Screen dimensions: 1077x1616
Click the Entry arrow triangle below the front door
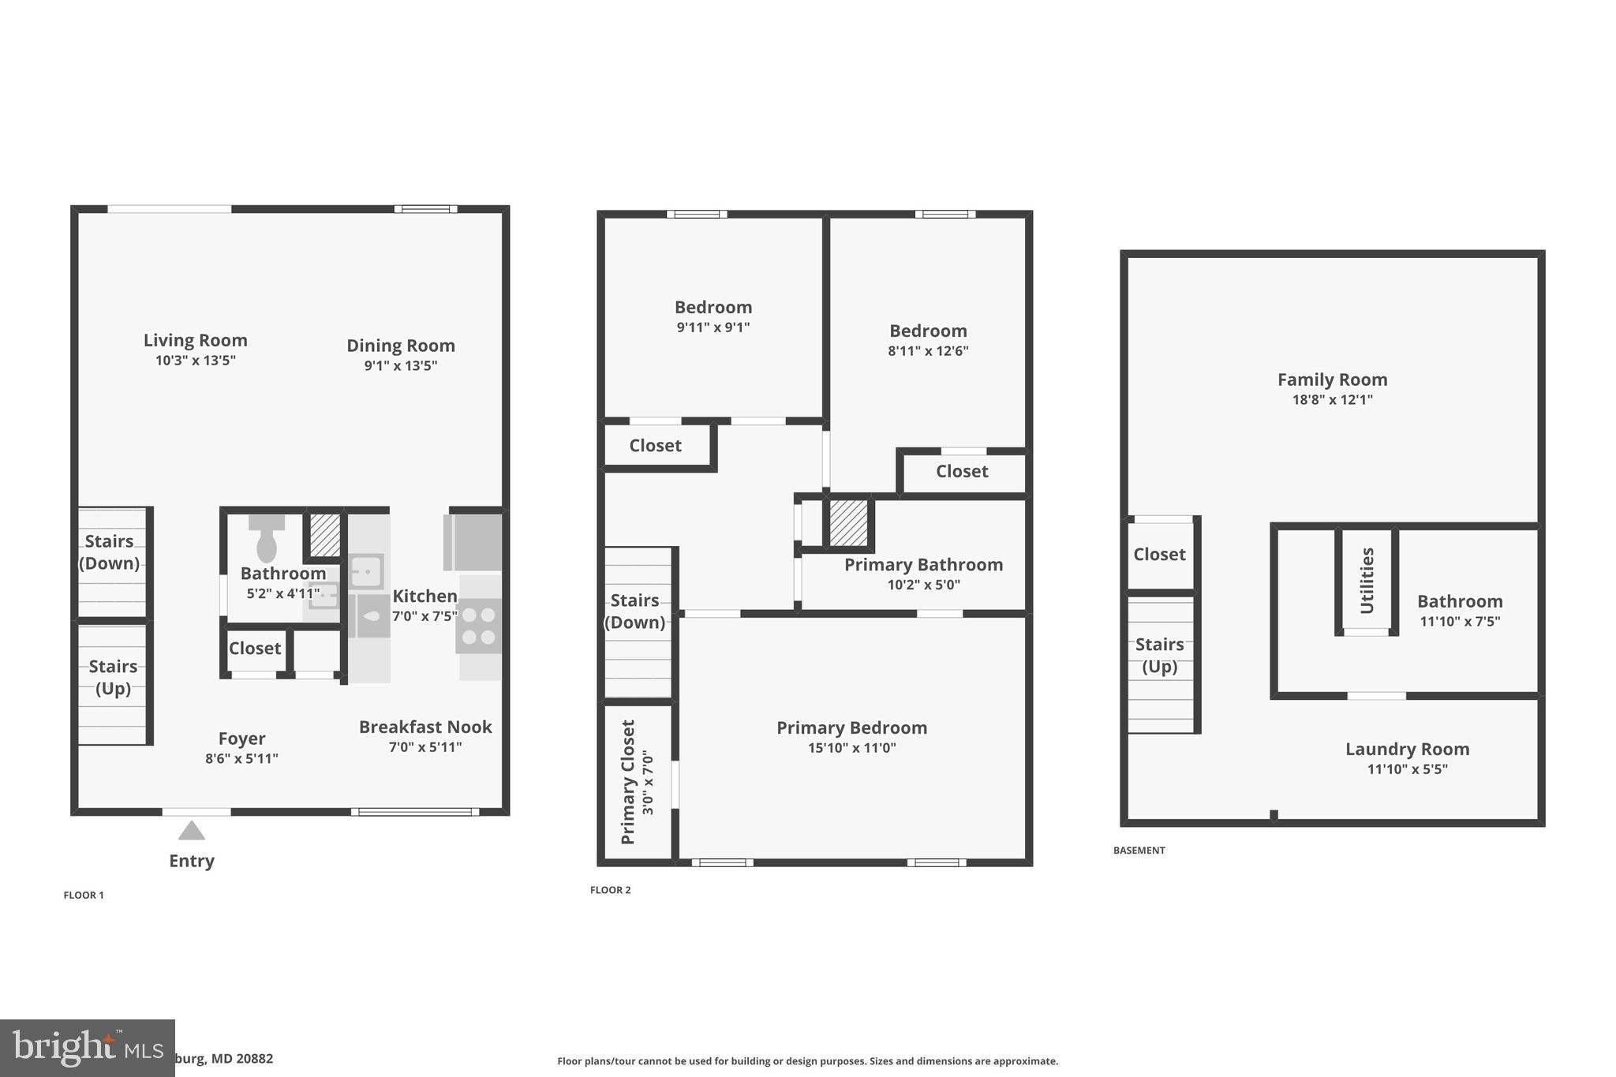pos(191,831)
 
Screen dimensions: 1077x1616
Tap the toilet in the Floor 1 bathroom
pos(267,539)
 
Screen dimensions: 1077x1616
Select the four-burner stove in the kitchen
pos(478,625)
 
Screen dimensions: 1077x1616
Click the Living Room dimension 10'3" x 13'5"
pos(196,361)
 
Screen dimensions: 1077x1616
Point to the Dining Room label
pos(400,346)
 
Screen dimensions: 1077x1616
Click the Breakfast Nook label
pos(425,727)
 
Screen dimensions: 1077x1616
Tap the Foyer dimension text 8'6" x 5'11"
pos(241,759)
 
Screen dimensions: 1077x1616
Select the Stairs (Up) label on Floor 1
pos(113,677)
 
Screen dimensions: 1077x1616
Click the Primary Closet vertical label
pos(628,781)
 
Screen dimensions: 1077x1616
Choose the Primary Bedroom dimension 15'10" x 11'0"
pos(851,748)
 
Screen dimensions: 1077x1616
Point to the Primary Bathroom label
pos(923,565)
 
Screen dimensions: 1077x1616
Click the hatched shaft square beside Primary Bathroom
pos(848,522)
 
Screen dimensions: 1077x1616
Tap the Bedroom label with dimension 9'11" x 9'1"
pos(713,307)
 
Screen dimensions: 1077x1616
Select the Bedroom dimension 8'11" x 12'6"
pos(928,351)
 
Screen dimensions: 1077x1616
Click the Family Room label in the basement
pos(1332,380)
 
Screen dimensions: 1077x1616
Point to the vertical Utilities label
pos(1367,581)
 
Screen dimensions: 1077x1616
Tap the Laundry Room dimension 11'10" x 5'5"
pos(1407,769)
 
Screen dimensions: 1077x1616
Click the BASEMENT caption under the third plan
pos(1139,851)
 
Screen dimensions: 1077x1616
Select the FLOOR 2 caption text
pos(610,890)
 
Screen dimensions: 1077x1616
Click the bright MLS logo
pos(87,1048)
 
